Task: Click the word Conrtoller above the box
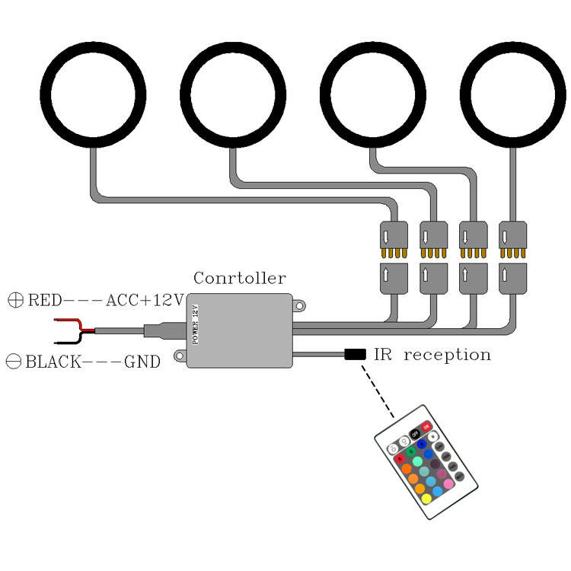click(240, 278)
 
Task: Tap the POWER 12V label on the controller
click(195, 324)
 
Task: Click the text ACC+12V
click(145, 300)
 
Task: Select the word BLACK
click(53, 362)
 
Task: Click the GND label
click(142, 362)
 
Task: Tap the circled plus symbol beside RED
click(14, 300)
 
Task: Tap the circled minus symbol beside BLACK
click(13, 362)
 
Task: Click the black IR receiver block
click(355, 354)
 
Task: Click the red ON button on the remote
click(426, 427)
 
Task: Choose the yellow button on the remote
click(427, 499)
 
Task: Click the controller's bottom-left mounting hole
click(179, 355)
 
